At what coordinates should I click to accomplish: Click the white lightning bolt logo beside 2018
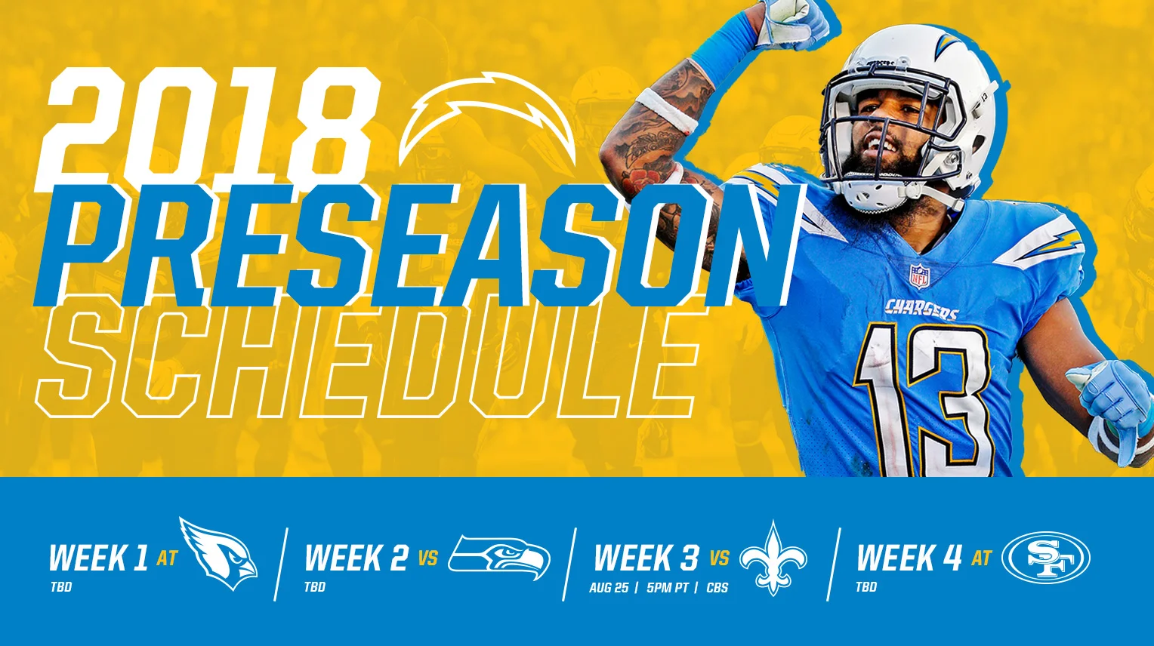pyautogui.click(x=487, y=121)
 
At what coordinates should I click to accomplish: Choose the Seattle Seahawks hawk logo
pyautogui.click(x=499, y=558)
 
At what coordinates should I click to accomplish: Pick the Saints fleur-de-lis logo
pyautogui.click(x=773, y=558)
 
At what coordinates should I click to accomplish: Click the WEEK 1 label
pyautogui.click(x=98, y=559)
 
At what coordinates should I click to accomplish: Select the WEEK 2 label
pyautogui.click(x=356, y=559)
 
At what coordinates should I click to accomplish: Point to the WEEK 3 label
pyautogui.click(x=646, y=559)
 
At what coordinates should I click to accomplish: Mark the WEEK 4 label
pyautogui.click(x=909, y=559)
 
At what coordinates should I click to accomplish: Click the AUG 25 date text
pyautogui.click(x=609, y=588)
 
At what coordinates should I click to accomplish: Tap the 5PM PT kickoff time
pyautogui.click(x=668, y=588)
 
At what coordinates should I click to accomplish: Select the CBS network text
pyautogui.click(x=717, y=588)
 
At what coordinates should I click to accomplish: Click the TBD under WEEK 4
pyautogui.click(x=866, y=587)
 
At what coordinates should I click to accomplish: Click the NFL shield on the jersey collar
pyautogui.click(x=919, y=276)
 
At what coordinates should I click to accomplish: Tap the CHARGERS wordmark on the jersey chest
pyautogui.click(x=921, y=309)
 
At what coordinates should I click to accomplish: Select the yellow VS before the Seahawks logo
pyautogui.click(x=428, y=559)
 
